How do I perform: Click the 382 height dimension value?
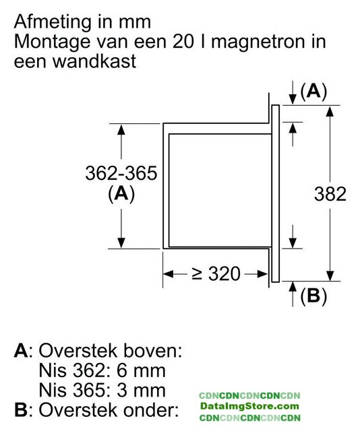tap(330, 194)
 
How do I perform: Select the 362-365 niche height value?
tap(121, 173)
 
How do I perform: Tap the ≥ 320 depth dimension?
tap(216, 274)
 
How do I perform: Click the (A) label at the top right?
tap(313, 91)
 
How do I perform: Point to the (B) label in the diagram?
tap(313, 296)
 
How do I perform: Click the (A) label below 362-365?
tap(121, 194)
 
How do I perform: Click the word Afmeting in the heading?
tap(53, 22)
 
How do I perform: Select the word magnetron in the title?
tap(258, 42)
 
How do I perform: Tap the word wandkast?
tap(94, 61)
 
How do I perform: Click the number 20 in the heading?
tap(183, 41)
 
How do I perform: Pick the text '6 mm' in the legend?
tap(141, 370)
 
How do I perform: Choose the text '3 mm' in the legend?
tap(141, 391)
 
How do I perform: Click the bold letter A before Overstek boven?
tap(21, 351)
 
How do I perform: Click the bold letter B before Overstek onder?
tap(21, 410)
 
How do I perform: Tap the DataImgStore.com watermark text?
tap(249, 406)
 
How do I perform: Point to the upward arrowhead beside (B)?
tap(293, 287)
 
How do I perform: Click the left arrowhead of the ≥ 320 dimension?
tap(169, 274)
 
